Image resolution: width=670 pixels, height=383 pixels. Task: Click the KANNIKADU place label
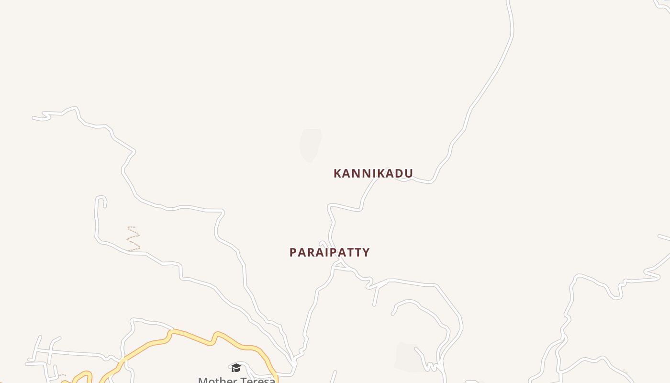pos(373,173)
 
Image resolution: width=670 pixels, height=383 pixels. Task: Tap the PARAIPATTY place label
pos(329,252)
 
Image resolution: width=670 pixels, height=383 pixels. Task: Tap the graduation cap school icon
pos(236,368)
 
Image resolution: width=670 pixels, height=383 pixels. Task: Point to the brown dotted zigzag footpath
pos(134,239)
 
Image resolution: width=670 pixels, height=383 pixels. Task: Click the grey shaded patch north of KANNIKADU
pos(310,144)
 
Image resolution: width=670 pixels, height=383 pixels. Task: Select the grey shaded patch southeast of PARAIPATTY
pos(411,357)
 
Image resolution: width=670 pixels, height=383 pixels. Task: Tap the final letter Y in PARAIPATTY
pos(366,252)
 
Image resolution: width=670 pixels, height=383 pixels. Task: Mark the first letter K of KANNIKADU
pos(337,173)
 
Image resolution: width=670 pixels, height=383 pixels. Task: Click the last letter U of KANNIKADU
pos(409,173)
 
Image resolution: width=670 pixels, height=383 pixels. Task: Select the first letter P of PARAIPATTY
pos(293,252)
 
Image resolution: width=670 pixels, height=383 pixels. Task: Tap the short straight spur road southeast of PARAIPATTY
pos(376,296)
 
